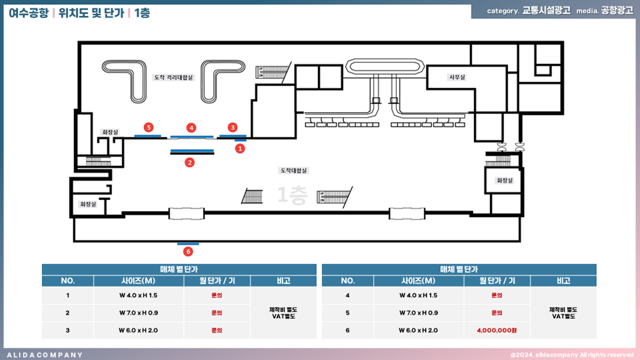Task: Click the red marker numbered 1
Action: click(240, 148)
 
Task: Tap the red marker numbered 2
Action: click(190, 162)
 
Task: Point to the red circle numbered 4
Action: click(191, 128)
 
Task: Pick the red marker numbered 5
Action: click(148, 127)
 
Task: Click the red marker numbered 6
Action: click(188, 252)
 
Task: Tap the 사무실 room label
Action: click(456, 77)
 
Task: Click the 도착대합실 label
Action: click(294, 170)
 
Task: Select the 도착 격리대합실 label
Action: click(174, 77)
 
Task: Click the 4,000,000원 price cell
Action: click(496, 330)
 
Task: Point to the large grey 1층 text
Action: click(292, 196)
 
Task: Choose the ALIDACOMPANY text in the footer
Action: click(45, 355)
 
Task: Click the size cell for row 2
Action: click(138, 313)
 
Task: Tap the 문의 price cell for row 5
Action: click(496, 313)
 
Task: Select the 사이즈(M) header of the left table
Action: click(138, 281)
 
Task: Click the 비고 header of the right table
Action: click(563, 281)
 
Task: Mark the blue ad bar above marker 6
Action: click(188, 243)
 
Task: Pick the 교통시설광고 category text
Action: click(546, 11)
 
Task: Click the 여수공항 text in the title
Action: click(29, 13)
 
